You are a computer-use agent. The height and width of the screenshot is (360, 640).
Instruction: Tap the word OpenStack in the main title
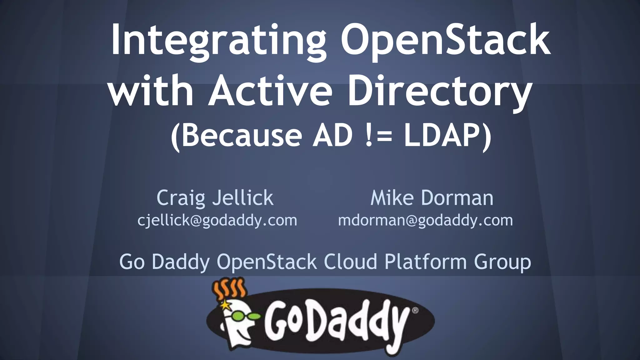pos(445,41)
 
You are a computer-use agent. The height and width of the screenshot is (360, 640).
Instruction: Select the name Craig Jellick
pos(215,198)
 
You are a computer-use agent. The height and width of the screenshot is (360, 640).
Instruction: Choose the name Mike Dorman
pos(432,198)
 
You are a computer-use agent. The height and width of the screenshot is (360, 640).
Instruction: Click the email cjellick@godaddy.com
pos(217,220)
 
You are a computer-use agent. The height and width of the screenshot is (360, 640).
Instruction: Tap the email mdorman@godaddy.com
pos(425,220)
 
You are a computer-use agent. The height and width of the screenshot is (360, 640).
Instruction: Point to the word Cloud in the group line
pos(350,262)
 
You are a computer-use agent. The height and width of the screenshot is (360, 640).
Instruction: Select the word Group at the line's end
pos(502,262)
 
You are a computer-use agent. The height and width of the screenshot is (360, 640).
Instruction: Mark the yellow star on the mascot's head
pos(225,304)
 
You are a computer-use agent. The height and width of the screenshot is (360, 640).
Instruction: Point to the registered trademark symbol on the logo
pos(415,310)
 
